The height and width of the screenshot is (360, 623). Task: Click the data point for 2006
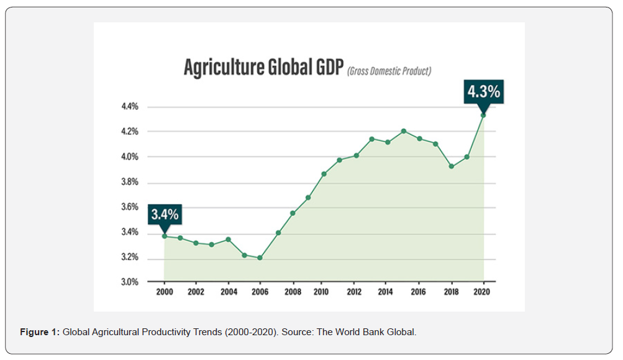pyautogui.click(x=260, y=258)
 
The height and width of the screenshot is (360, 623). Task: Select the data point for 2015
pyautogui.click(x=404, y=131)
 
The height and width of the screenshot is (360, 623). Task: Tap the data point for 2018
pyautogui.click(x=452, y=166)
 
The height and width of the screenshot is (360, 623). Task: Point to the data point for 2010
pyautogui.click(x=324, y=174)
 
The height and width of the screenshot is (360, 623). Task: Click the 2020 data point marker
pyautogui.click(x=483, y=115)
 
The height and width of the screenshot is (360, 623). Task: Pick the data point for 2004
pyautogui.click(x=228, y=240)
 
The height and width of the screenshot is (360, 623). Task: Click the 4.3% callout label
pyautogui.click(x=483, y=92)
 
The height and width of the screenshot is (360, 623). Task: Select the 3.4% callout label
pyautogui.click(x=165, y=215)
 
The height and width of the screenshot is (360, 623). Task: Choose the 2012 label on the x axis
pyautogui.click(x=354, y=292)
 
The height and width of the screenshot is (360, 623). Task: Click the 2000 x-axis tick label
pyautogui.click(x=164, y=292)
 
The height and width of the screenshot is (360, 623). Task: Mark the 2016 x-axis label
pyautogui.click(x=419, y=292)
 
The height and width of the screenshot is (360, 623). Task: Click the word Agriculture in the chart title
pyautogui.click(x=222, y=68)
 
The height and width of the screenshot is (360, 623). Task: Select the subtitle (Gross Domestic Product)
pyautogui.click(x=389, y=71)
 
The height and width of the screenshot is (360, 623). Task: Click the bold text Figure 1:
pyautogui.click(x=40, y=333)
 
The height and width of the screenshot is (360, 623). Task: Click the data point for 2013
pyautogui.click(x=371, y=139)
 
